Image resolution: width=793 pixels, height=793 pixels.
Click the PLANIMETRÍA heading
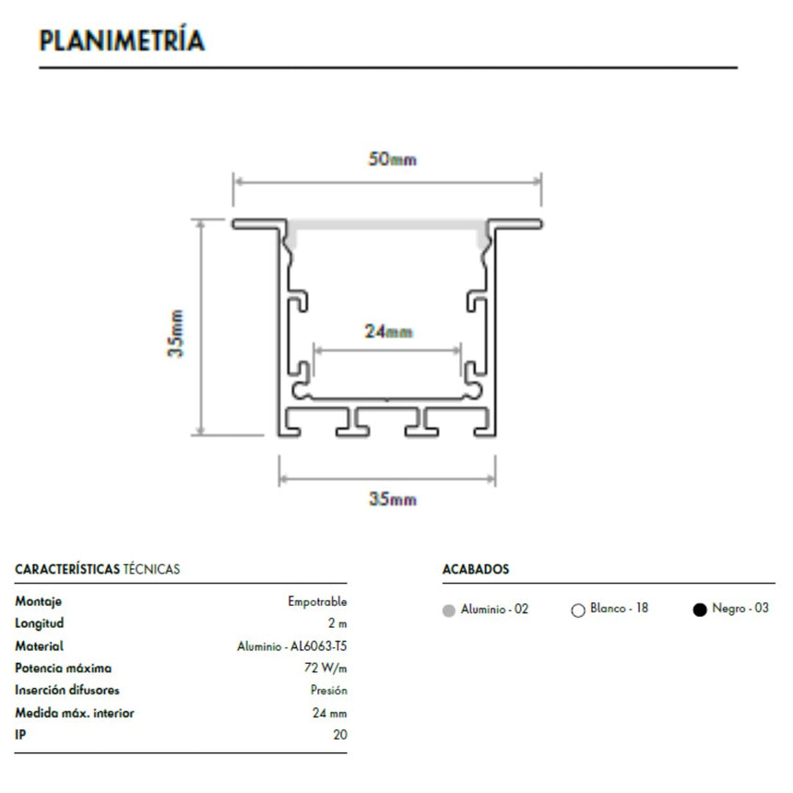click(x=122, y=40)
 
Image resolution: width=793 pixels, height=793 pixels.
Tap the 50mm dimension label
click(x=393, y=160)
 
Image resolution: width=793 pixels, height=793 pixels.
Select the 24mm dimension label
click(x=389, y=332)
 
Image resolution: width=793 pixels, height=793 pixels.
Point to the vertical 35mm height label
click(x=176, y=334)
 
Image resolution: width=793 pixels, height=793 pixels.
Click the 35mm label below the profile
click(x=393, y=499)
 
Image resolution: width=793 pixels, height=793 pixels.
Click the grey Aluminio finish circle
click(x=448, y=610)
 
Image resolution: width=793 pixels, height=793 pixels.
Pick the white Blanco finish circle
click(x=577, y=610)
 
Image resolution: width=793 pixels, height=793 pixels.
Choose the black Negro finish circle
click(x=700, y=610)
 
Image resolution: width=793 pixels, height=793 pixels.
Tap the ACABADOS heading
click(x=476, y=570)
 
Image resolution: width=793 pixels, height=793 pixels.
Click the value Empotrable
click(x=317, y=601)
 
